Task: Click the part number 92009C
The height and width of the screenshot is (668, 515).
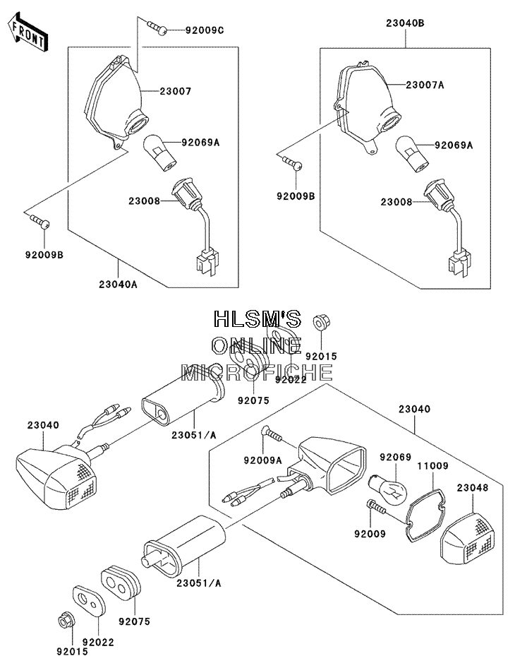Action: (x=205, y=30)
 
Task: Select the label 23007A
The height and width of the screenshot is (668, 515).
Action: (x=425, y=85)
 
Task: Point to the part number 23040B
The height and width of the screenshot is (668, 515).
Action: (x=405, y=23)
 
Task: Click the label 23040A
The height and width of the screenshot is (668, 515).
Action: (x=119, y=284)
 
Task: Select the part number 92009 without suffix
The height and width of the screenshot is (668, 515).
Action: (x=370, y=533)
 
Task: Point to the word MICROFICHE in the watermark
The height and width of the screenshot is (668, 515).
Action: (x=257, y=372)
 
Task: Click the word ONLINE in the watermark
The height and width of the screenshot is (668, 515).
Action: (x=257, y=345)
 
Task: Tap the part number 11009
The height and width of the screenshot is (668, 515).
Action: (x=432, y=465)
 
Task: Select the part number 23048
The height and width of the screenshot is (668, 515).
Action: (x=473, y=487)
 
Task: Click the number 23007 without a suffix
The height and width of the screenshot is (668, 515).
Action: (x=176, y=91)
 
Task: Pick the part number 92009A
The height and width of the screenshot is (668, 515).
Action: (x=262, y=460)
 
